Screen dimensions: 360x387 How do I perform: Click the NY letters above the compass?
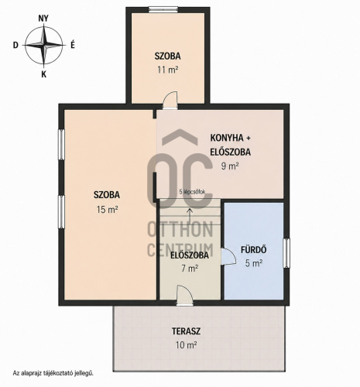[43, 19]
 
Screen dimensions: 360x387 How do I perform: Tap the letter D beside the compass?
[15, 46]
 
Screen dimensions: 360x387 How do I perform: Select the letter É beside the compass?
[73, 45]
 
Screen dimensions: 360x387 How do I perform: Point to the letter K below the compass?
[44, 74]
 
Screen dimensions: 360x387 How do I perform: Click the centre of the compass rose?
[44, 45]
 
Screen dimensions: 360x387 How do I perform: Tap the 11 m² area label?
[168, 70]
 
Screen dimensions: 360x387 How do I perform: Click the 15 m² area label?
[107, 209]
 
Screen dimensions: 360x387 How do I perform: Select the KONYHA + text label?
[230, 138]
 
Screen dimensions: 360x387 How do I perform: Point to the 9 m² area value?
[230, 166]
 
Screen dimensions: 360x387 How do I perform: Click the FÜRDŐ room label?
[254, 249]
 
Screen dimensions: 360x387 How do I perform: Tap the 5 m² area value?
[254, 263]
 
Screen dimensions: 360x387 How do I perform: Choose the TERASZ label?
[186, 331]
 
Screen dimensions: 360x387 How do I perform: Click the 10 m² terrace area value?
[187, 345]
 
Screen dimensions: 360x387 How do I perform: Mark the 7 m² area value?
[190, 269]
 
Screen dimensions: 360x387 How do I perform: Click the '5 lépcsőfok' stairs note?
[192, 192]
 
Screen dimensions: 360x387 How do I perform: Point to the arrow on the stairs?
[190, 216]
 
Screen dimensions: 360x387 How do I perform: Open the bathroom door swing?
[228, 256]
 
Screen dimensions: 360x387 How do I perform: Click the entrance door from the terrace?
[184, 296]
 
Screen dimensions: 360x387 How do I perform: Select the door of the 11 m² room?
[170, 101]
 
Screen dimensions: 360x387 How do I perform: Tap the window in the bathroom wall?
[286, 253]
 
